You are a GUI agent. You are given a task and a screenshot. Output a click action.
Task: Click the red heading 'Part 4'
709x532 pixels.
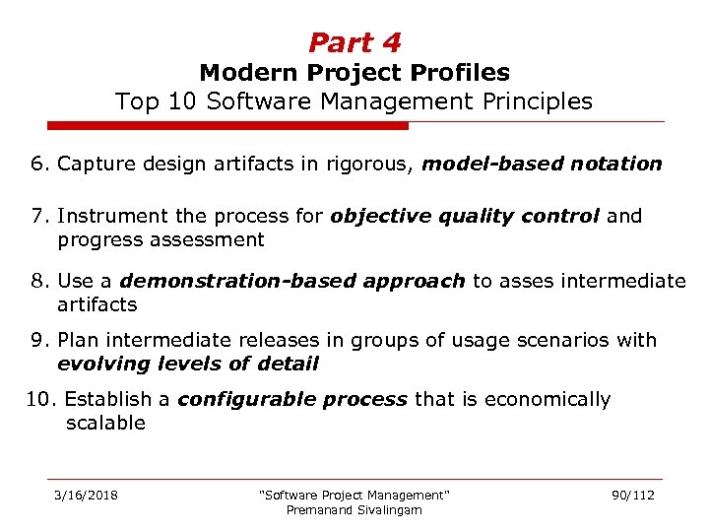tap(354, 42)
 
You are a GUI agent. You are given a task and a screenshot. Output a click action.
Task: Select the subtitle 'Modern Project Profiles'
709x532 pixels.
tap(354, 73)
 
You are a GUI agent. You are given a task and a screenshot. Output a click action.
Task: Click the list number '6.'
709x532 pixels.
tap(40, 164)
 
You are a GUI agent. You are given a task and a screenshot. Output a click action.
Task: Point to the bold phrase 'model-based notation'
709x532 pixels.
tap(542, 164)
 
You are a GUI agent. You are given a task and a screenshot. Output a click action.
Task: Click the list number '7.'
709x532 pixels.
tap(40, 216)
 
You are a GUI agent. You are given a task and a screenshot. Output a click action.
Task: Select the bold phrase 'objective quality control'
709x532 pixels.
tap(465, 216)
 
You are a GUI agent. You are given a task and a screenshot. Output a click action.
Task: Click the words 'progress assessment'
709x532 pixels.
tap(161, 239)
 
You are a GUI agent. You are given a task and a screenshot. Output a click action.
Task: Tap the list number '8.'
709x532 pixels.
tap(40, 281)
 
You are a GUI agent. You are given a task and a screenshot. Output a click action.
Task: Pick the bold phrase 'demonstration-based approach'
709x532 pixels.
tap(292, 281)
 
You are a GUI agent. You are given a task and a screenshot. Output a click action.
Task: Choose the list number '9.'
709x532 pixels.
tap(40, 340)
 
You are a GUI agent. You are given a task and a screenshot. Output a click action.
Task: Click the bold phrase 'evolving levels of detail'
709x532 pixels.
tap(188, 364)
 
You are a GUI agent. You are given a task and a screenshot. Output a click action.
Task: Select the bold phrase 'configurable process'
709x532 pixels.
tap(291, 399)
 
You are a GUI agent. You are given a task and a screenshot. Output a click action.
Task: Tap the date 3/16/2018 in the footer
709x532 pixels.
tap(86, 495)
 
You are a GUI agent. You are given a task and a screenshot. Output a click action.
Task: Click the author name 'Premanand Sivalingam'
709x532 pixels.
tap(354, 509)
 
